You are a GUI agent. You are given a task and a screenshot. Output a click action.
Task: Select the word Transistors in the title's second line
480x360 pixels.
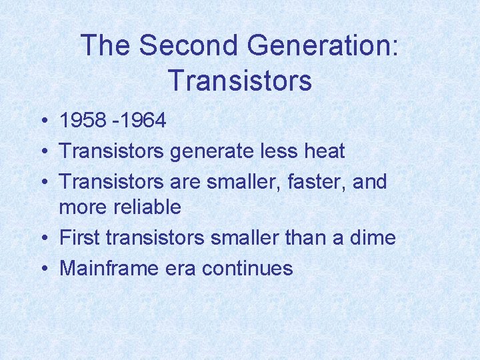tap(240, 81)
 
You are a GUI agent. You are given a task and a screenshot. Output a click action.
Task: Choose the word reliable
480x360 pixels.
tap(149, 207)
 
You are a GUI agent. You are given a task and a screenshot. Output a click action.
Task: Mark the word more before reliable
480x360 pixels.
tap(84, 207)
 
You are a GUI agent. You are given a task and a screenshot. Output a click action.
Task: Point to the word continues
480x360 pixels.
tap(247, 268)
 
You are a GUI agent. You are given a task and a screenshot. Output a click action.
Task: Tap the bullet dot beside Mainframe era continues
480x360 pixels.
tap(42, 269)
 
